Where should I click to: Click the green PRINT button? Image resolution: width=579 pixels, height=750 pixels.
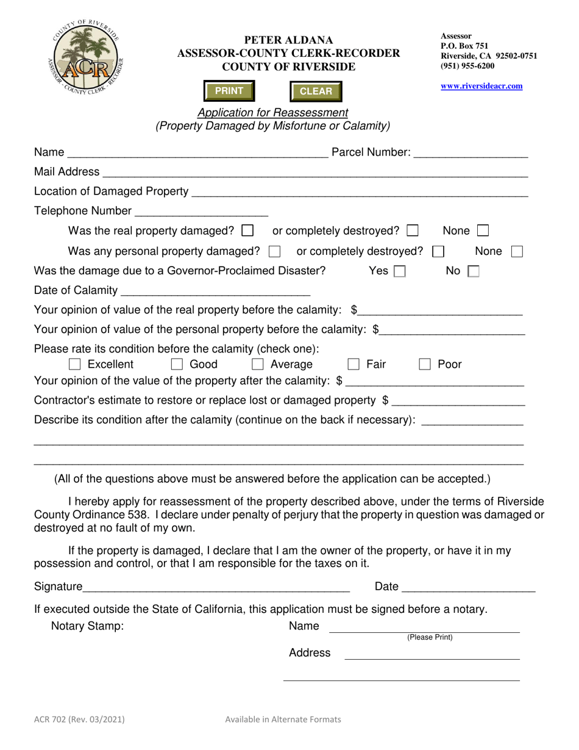click(229, 91)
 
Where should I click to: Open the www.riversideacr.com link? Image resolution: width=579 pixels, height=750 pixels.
click(481, 86)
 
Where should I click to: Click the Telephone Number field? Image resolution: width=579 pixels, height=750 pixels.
click(201, 211)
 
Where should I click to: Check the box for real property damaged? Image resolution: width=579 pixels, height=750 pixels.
click(247, 231)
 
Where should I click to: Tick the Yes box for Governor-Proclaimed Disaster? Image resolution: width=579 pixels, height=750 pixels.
click(400, 271)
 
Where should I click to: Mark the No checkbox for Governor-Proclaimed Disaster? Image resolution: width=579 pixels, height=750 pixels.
click(473, 271)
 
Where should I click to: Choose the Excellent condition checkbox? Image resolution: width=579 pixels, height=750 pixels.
click(75, 365)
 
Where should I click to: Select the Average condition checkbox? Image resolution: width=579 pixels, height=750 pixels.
click(258, 365)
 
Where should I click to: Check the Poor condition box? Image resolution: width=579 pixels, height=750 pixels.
click(425, 365)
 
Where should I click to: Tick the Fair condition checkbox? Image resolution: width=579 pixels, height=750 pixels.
click(353, 365)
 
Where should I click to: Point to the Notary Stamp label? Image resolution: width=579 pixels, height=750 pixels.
click(88, 626)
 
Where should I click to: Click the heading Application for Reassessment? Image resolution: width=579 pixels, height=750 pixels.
click(273, 113)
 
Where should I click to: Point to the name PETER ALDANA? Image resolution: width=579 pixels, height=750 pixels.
click(288, 40)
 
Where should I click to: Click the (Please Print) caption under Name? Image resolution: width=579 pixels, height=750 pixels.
click(430, 638)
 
